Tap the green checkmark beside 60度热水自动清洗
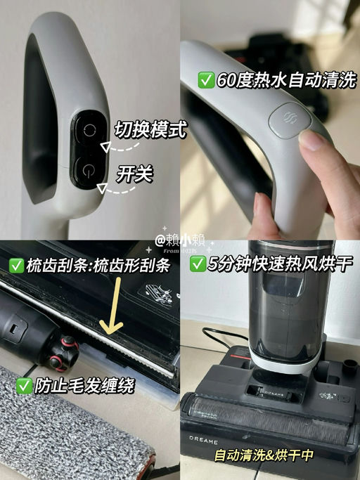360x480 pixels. [206, 80]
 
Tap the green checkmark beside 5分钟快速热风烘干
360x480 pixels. [198, 266]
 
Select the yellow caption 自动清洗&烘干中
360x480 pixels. [264, 455]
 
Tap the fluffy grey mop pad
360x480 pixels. [70, 436]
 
